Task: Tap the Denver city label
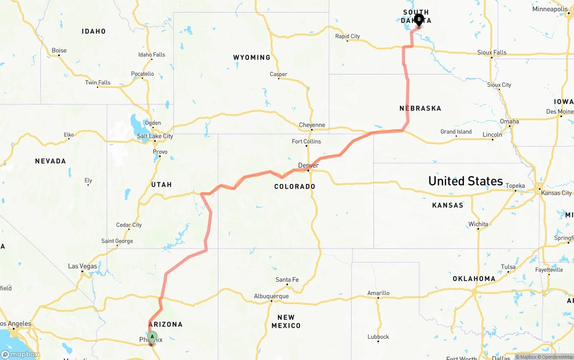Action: click(309, 165)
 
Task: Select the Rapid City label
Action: click(348, 36)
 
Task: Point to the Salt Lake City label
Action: click(155, 136)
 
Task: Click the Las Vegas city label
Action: click(83, 266)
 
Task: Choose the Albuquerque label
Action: click(271, 296)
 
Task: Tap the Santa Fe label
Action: click(287, 280)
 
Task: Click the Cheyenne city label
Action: click(312, 125)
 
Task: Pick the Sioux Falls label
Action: click(492, 52)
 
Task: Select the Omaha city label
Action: click(509, 121)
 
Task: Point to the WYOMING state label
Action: click(252, 57)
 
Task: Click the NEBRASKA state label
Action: click(420, 108)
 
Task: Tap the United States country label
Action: click(465, 181)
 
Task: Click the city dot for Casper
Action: click(279, 79)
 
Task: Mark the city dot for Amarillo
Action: click(378, 298)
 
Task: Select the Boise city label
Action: click(59, 51)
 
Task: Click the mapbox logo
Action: click(20, 354)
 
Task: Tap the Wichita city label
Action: click(478, 224)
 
